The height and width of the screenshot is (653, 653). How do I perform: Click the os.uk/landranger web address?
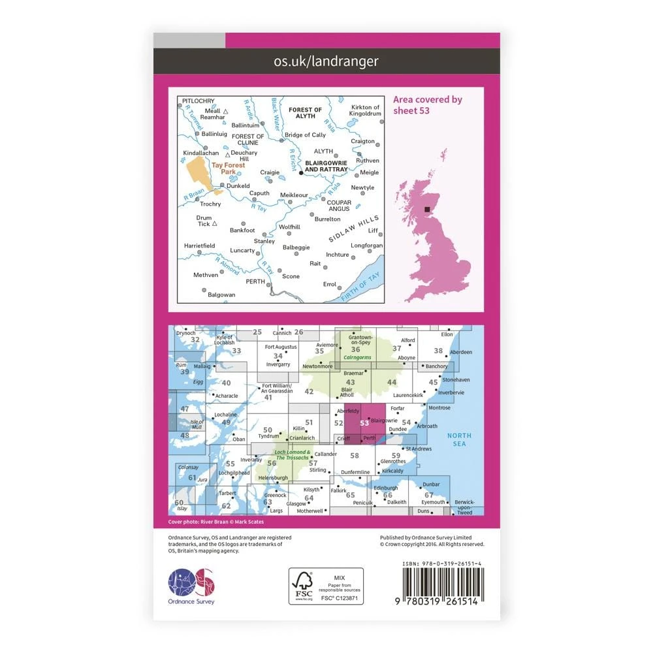(x=326, y=61)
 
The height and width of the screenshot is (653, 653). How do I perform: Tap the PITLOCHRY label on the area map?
(x=199, y=101)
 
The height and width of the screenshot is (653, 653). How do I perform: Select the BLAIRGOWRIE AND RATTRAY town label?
(x=326, y=166)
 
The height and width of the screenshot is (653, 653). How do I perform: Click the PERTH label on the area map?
(x=255, y=281)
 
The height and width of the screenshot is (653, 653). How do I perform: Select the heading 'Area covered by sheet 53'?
(x=427, y=104)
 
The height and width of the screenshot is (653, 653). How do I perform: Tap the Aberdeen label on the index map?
(x=443, y=352)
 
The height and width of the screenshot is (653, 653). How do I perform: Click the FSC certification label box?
(x=326, y=586)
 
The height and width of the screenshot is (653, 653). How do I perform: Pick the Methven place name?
(x=206, y=275)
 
